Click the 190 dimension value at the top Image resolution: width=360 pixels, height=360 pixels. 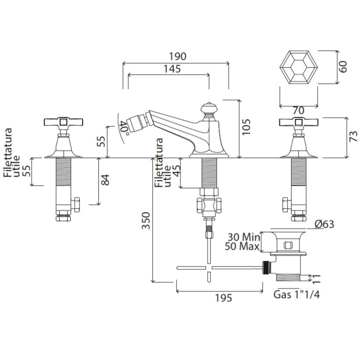178,56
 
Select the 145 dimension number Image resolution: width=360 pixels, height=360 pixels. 172,68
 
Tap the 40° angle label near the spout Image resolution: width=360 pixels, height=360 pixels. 124,128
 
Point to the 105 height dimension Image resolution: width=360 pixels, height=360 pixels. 246,127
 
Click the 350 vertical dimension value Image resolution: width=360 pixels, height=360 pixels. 146,220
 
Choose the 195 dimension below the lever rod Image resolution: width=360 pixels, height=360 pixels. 223,298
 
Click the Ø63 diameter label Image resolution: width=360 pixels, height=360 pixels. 324,224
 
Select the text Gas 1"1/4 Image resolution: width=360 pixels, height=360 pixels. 296,294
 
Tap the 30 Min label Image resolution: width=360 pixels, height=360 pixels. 244,237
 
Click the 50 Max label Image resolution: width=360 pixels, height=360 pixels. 242,246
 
